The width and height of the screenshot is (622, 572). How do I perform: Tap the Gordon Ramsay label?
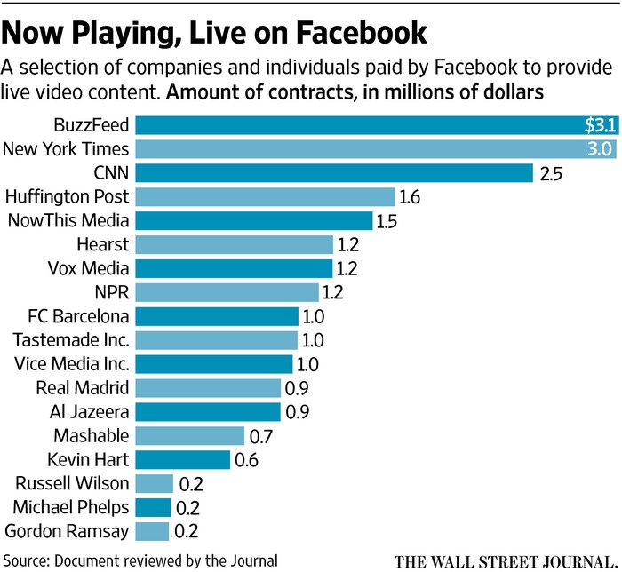click(x=67, y=531)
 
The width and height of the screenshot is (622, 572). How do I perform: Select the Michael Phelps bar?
click(x=153, y=507)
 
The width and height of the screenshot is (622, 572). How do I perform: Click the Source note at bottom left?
click(x=141, y=560)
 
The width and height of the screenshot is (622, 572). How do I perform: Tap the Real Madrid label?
click(x=83, y=387)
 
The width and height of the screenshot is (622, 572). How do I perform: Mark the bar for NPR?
click(x=227, y=292)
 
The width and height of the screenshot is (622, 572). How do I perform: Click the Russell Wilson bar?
click(x=154, y=484)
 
